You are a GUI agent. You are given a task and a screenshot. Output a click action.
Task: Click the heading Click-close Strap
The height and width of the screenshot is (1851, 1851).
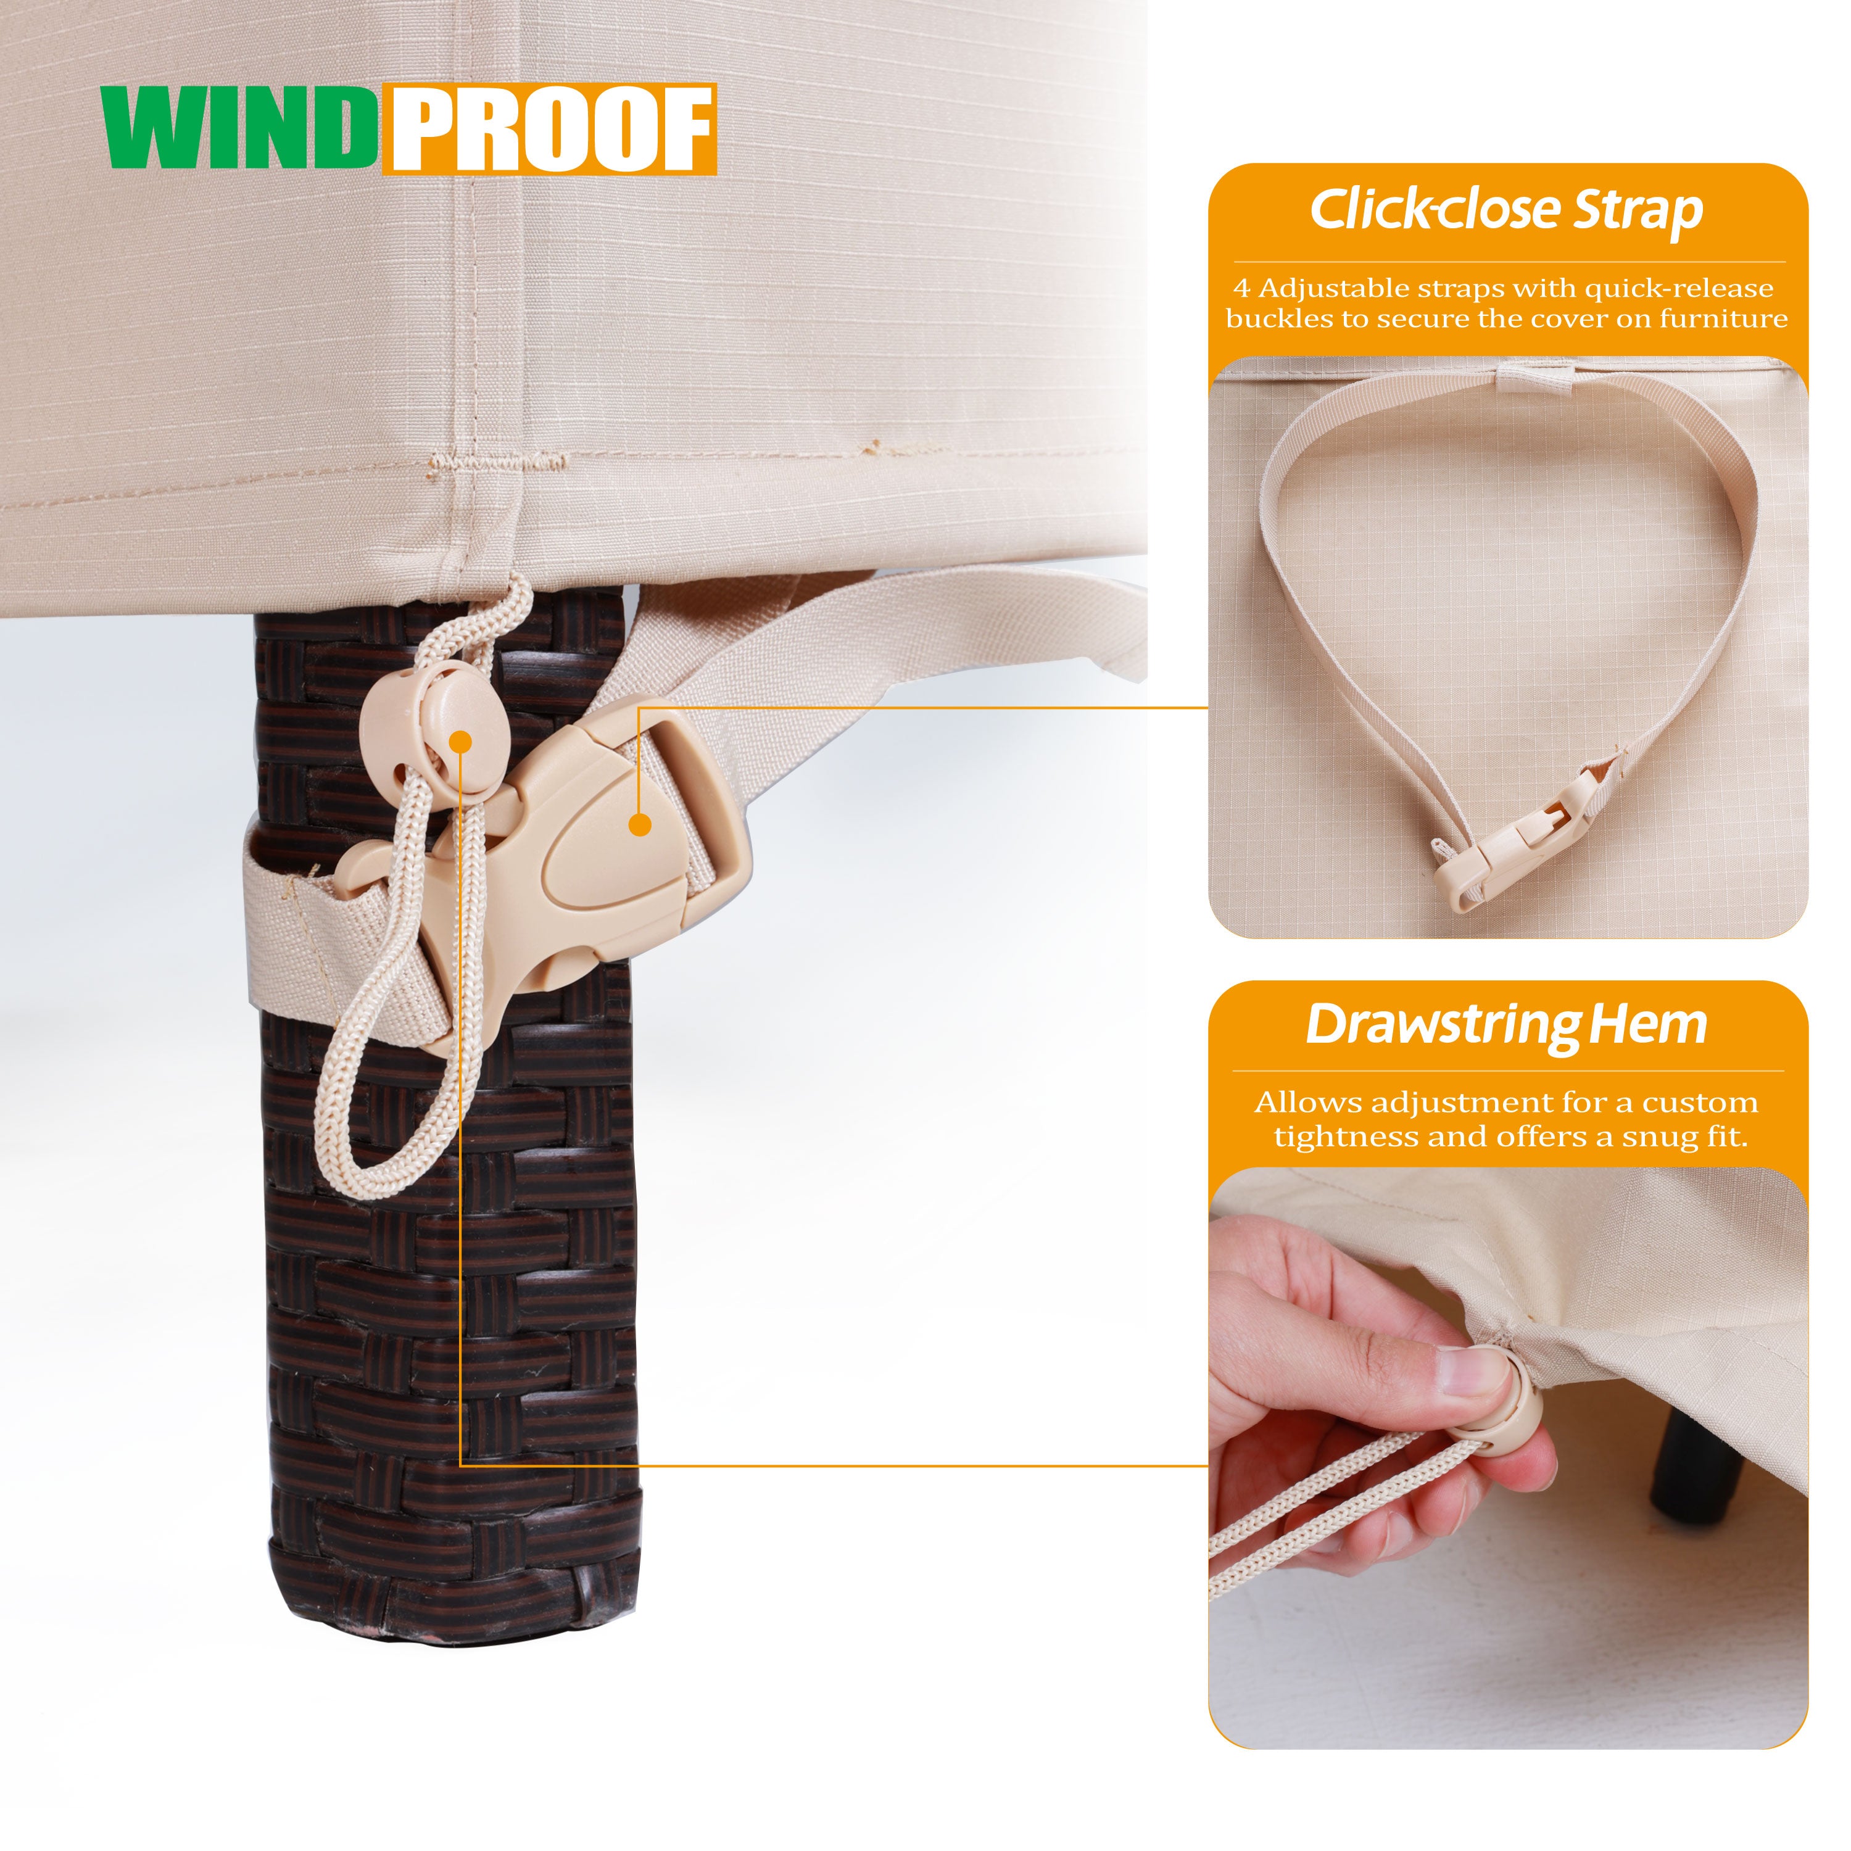tap(1506, 210)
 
